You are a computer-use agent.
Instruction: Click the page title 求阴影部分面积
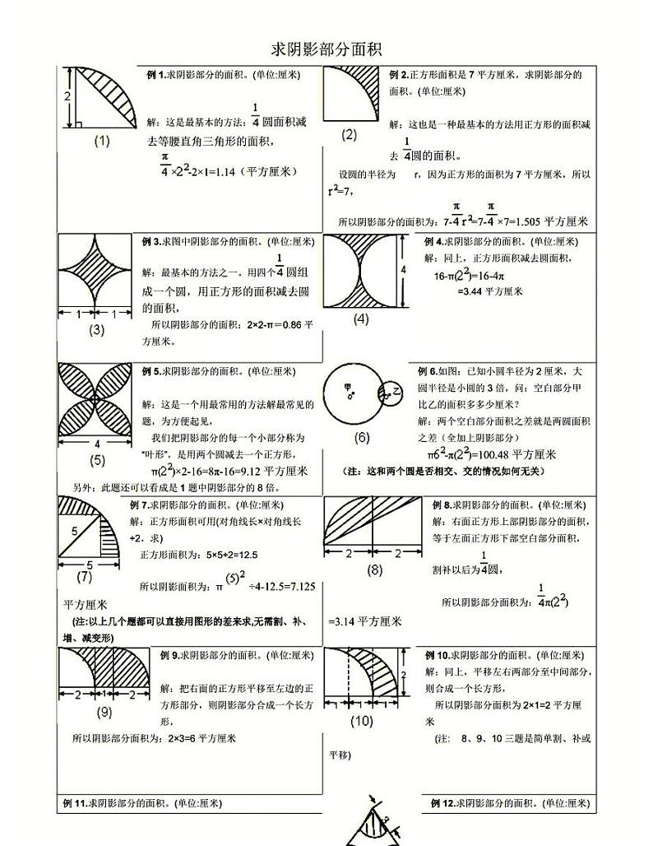326,49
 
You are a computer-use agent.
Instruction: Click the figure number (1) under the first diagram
102,141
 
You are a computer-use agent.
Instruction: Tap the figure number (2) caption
349,134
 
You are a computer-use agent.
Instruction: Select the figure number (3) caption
97,330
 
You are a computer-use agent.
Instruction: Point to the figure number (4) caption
360,319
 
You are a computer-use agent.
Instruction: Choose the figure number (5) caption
97,460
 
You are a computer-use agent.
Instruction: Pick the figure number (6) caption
362,437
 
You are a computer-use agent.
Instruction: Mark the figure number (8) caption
375,569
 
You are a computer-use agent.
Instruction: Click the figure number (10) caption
361,721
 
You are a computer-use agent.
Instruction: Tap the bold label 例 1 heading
156,75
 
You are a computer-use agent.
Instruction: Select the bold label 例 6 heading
428,372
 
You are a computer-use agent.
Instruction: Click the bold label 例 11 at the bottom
76,803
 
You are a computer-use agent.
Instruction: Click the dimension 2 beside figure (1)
67,97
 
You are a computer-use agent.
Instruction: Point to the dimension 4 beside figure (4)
403,269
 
